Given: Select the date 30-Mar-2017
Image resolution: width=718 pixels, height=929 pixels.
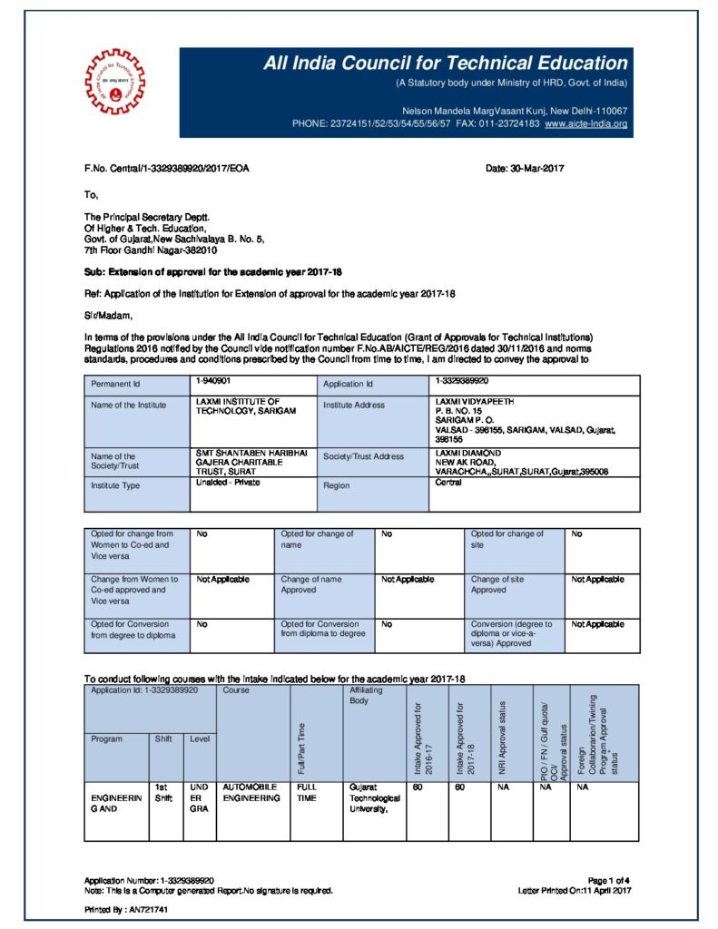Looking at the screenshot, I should [526, 169].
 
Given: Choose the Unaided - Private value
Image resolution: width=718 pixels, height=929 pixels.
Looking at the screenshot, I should [226, 483].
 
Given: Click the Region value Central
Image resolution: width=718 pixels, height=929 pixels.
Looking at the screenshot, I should [448, 483].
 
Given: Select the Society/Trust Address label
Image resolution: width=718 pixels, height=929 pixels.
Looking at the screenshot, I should [364, 456].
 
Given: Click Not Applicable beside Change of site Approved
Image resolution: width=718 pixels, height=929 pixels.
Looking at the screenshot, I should [598, 579].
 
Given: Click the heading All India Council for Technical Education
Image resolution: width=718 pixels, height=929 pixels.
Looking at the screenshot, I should [446, 64].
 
